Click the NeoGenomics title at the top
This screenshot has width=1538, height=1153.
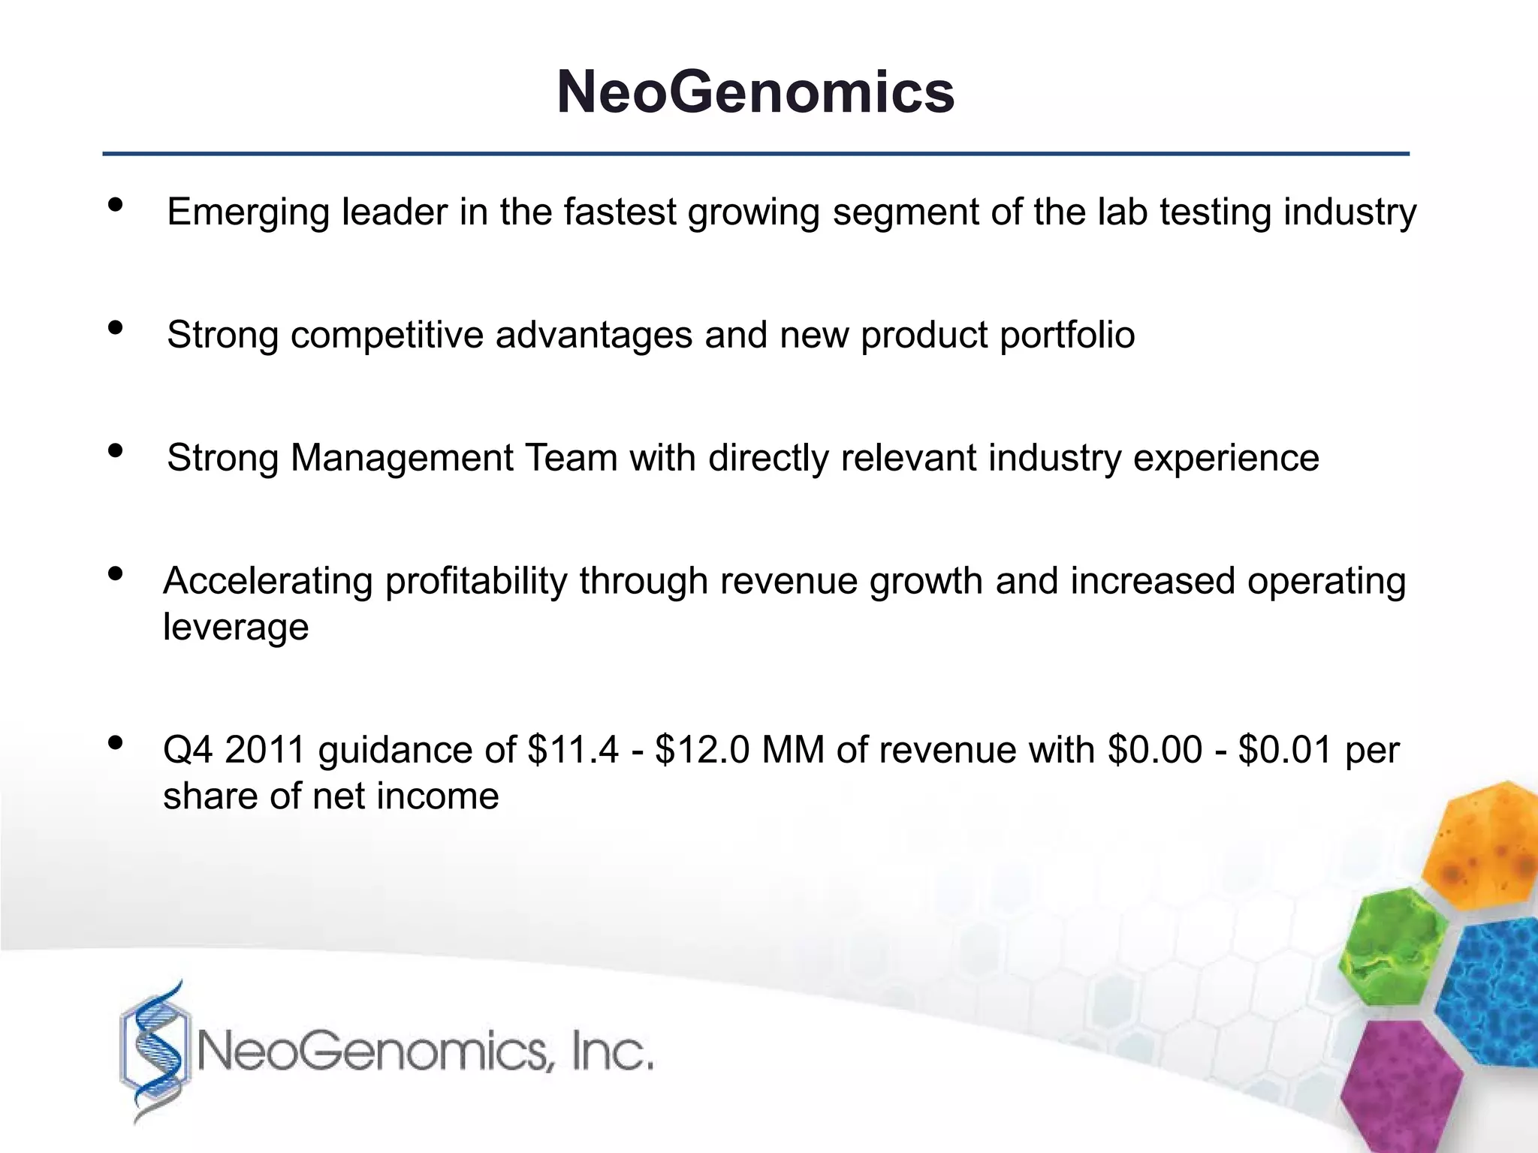(755, 92)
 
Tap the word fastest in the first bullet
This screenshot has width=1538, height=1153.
(620, 212)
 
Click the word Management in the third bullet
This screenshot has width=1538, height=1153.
(402, 458)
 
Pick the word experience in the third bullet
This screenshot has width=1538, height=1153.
(1226, 459)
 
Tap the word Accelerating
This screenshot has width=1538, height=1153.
(267, 582)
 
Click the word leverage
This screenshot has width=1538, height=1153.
(236, 628)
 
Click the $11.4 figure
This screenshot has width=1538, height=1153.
(574, 750)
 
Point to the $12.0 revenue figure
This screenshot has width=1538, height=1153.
(702, 750)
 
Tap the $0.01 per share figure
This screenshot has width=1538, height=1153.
(1285, 750)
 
